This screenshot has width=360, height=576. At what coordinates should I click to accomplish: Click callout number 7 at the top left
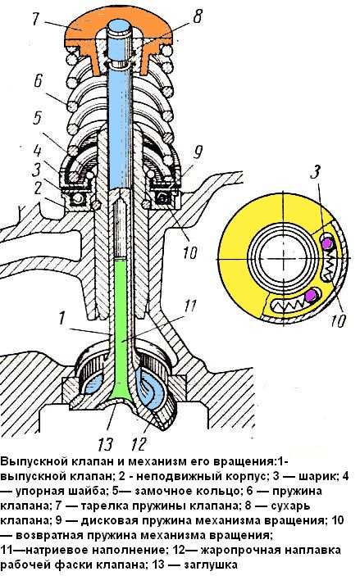[36, 19]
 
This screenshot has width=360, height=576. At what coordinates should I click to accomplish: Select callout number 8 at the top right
[198, 17]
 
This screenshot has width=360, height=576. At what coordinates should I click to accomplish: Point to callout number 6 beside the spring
[39, 82]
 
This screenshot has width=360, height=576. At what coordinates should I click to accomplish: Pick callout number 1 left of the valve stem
[62, 317]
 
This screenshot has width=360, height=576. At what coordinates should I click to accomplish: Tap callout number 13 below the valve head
[106, 444]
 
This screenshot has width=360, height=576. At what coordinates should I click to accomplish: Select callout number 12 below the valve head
[139, 444]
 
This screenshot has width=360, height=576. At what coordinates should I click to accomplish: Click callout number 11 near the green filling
[190, 306]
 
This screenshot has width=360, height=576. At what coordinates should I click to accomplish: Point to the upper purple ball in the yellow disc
[326, 243]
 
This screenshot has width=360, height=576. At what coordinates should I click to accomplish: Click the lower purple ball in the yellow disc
[312, 295]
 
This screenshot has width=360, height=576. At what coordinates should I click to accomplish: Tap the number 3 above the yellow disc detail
[316, 172]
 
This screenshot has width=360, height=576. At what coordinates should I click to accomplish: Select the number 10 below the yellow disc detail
[337, 320]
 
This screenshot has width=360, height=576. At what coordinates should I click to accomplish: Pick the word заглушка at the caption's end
[211, 565]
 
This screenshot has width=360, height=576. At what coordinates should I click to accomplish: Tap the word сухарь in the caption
[289, 506]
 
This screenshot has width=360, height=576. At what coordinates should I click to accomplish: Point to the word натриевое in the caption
[58, 550]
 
